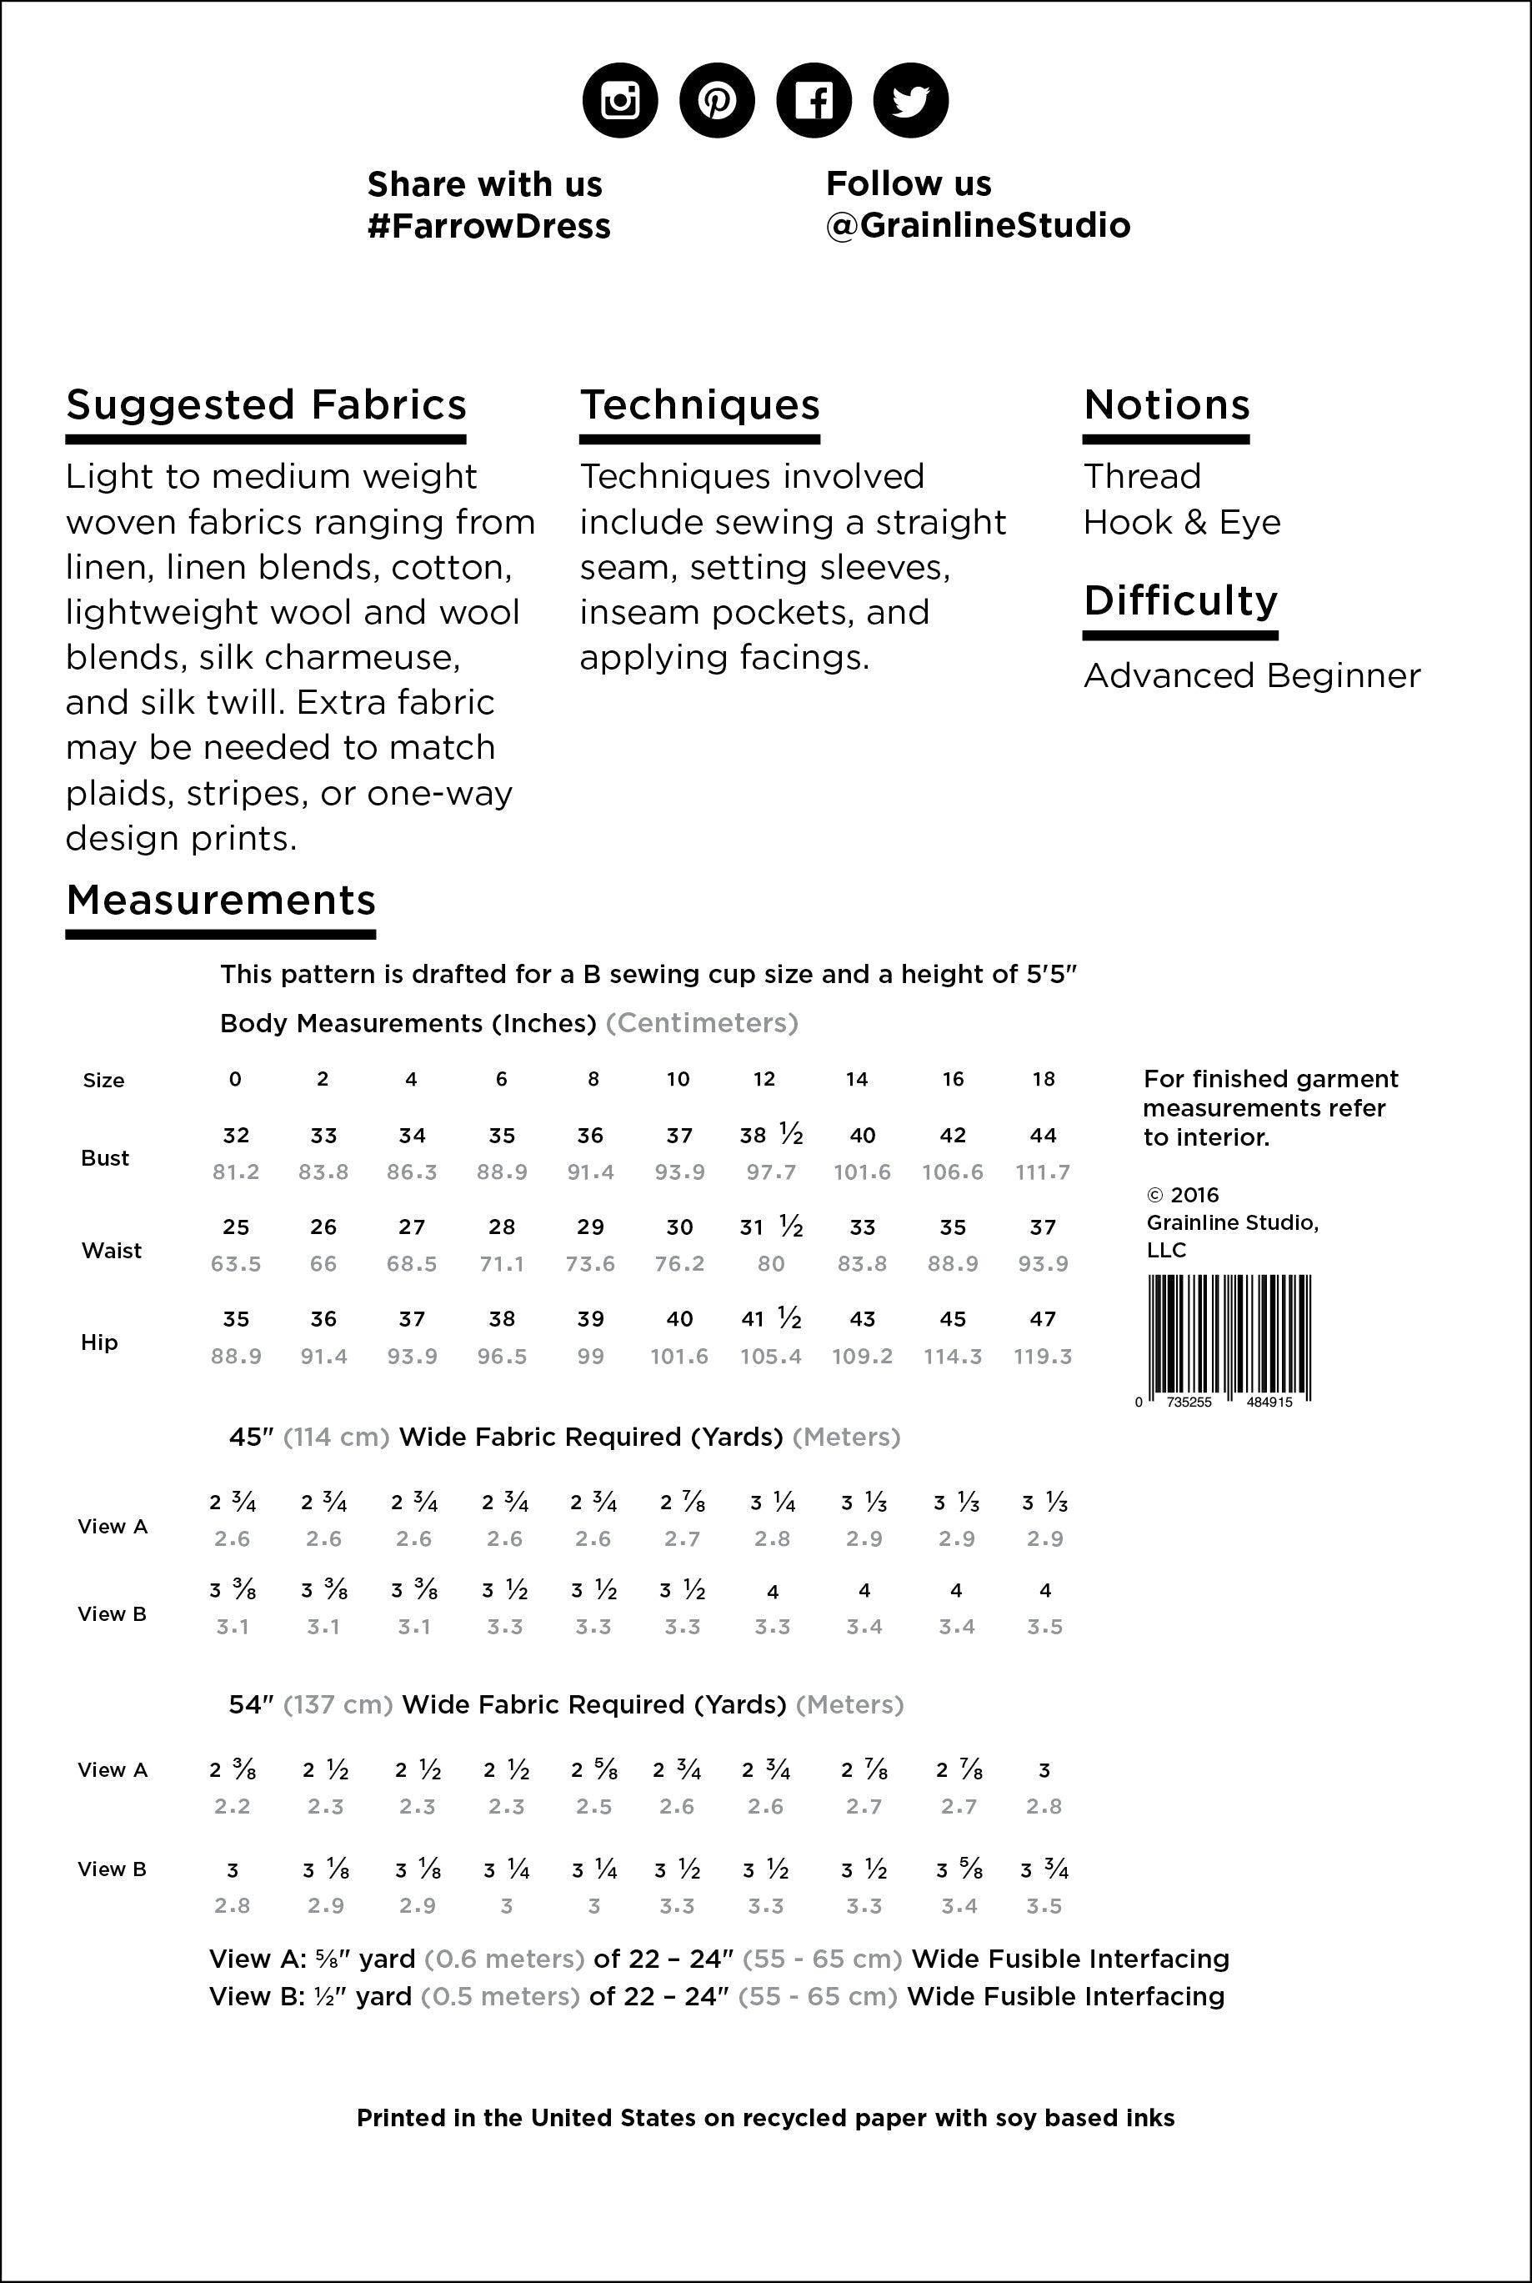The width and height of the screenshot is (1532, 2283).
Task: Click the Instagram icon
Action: tap(619, 100)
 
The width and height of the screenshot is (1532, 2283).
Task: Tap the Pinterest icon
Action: tap(716, 100)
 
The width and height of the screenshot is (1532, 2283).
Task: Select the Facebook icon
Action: tap(813, 100)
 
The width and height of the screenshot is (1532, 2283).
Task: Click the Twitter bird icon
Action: tap(909, 100)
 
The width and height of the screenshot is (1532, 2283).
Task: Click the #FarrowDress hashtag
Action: tap(488, 226)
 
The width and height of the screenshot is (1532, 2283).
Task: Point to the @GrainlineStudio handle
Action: tap(977, 225)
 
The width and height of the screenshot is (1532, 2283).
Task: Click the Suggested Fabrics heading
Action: tap(266, 404)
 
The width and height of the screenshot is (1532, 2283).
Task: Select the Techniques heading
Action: tap(699, 404)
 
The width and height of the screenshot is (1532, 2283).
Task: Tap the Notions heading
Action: tap(1167, 404)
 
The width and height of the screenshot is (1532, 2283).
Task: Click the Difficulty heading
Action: tap(1180, 600)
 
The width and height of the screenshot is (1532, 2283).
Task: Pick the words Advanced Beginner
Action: tap(1252, 675)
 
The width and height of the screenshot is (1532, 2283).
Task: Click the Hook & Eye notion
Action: tap(1181, 522)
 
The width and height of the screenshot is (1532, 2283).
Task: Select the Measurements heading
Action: tap(221, 899)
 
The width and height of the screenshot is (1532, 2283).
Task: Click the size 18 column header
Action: tap(1044, 1079)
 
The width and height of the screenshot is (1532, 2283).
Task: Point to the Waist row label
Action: tap(112, 1250)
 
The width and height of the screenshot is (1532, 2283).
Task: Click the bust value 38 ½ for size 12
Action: tap(771, 1135)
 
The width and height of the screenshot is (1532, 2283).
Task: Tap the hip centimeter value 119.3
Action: tap(1043, 1357)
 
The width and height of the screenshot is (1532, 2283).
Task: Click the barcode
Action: tap(1227, 1337)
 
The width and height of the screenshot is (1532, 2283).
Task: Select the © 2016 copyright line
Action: tap(1182, 1195)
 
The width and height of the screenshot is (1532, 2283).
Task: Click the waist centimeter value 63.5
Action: tap(235, 1264)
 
